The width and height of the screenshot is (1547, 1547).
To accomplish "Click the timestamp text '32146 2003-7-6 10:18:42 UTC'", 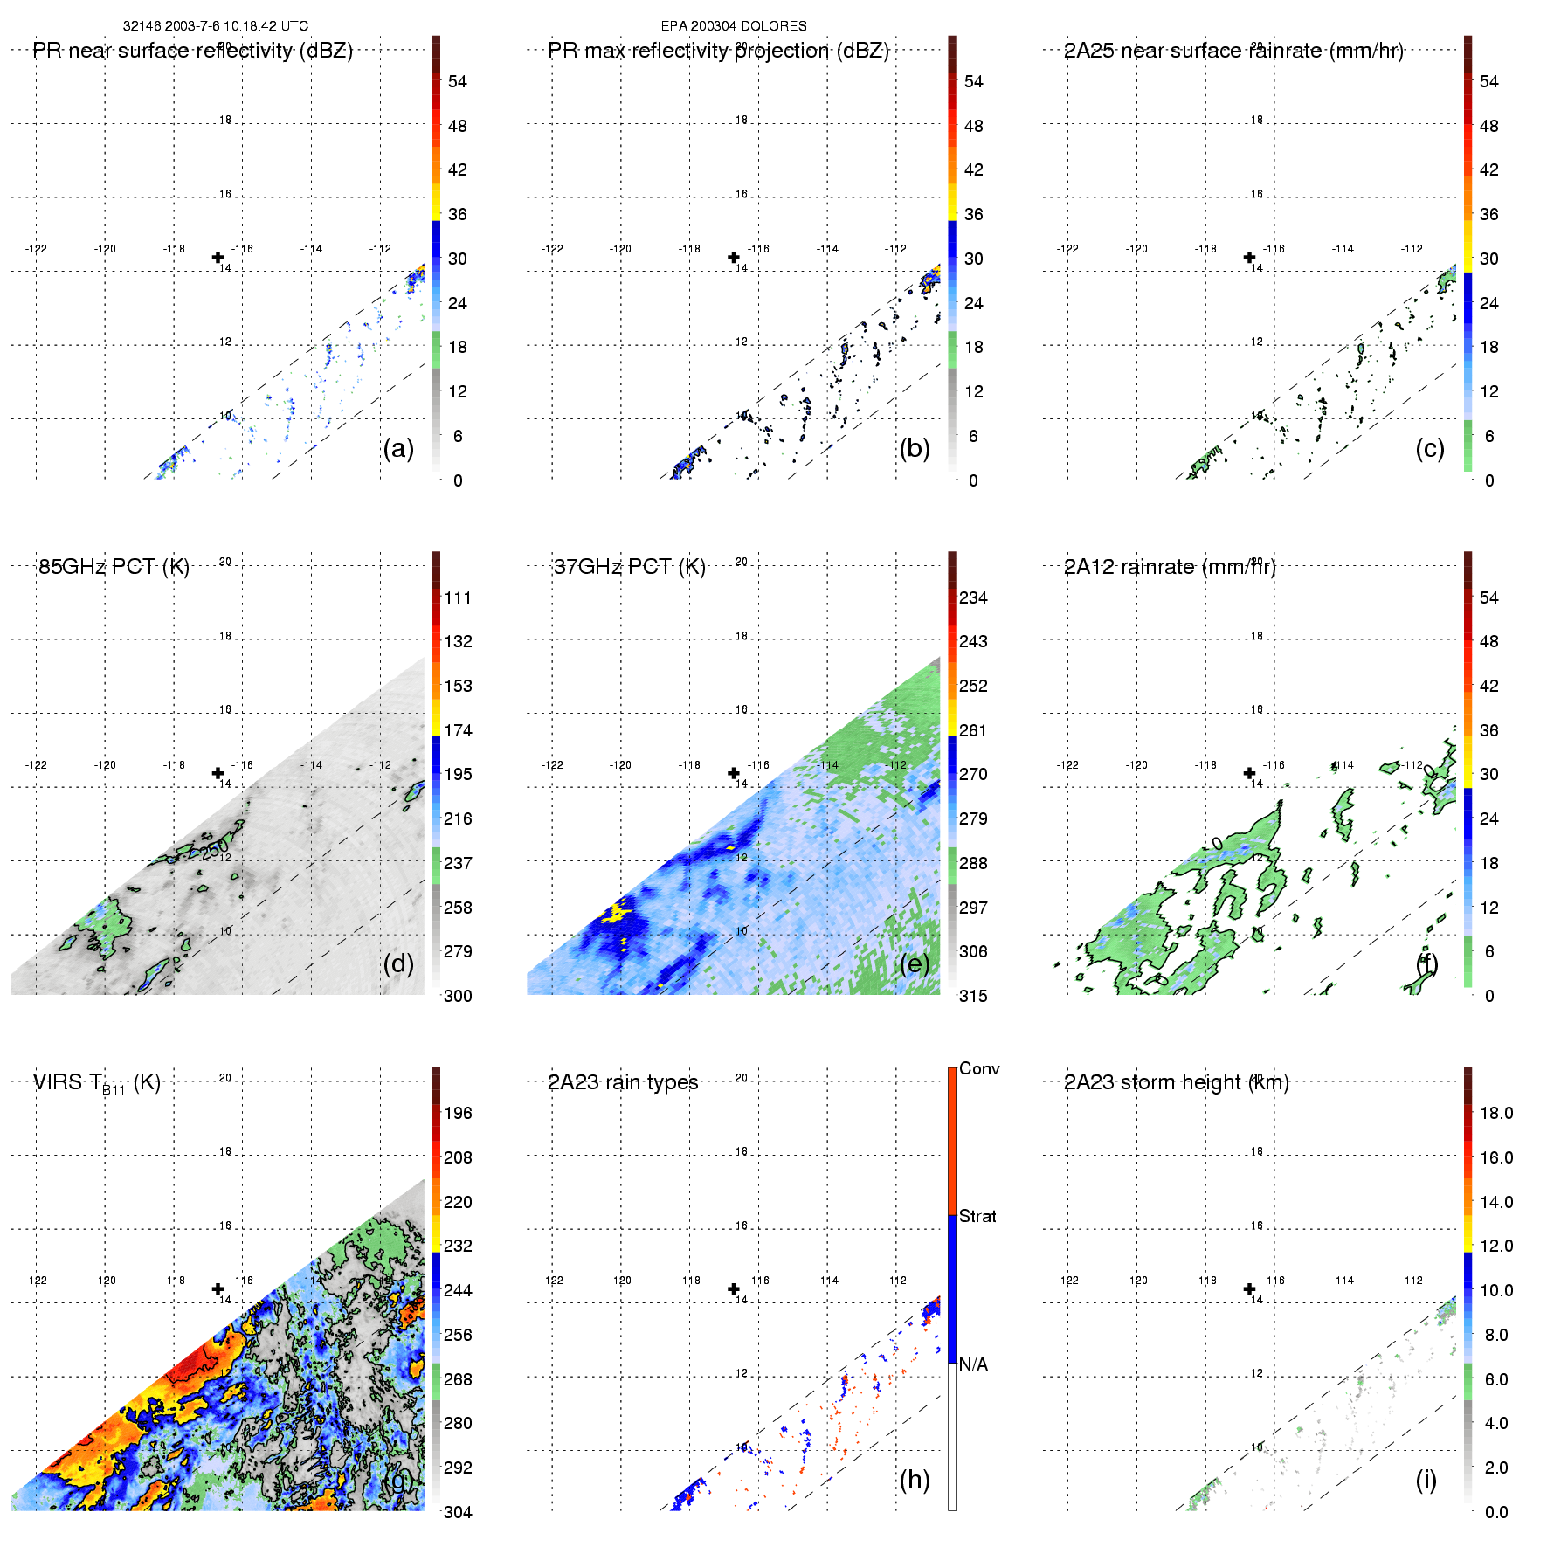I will tap(215, 26).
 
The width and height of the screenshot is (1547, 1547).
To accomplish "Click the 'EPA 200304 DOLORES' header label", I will tap(733, 26).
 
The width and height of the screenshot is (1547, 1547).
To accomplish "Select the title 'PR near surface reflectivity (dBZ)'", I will tap(192, 51).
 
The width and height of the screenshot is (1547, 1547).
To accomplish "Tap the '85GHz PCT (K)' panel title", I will tap(114, 567).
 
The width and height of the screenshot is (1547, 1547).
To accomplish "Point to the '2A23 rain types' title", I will tap(623, 1082).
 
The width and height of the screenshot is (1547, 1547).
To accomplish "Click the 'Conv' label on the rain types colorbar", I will tap(978, 1068).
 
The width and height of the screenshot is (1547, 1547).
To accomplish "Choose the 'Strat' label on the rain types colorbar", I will tap(977, 1216).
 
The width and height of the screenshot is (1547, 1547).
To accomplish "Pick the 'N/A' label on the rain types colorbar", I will tap(973, 1364).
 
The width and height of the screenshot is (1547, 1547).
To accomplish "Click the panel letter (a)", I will tap(398, 448).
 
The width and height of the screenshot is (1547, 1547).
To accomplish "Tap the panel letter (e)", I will tap(914, 963).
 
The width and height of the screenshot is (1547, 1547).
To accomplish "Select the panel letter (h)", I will tap(914, 1480).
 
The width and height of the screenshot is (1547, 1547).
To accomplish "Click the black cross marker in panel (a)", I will tap(218, 257).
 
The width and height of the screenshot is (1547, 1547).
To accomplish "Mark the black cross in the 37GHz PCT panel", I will tap(734, 773).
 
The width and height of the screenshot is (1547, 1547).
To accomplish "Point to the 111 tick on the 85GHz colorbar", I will tap(458, 597).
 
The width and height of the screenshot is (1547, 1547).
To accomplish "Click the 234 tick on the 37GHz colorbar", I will tap(973, 597).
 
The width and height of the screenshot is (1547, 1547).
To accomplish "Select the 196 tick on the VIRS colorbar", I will tap(458, 1113).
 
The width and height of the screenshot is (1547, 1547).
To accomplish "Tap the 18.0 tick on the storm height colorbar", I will tap(1496, 1113).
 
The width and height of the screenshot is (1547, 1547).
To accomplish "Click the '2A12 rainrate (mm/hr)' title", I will tap(1170, 567).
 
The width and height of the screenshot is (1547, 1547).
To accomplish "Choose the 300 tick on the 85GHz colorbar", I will tap(458, 996).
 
